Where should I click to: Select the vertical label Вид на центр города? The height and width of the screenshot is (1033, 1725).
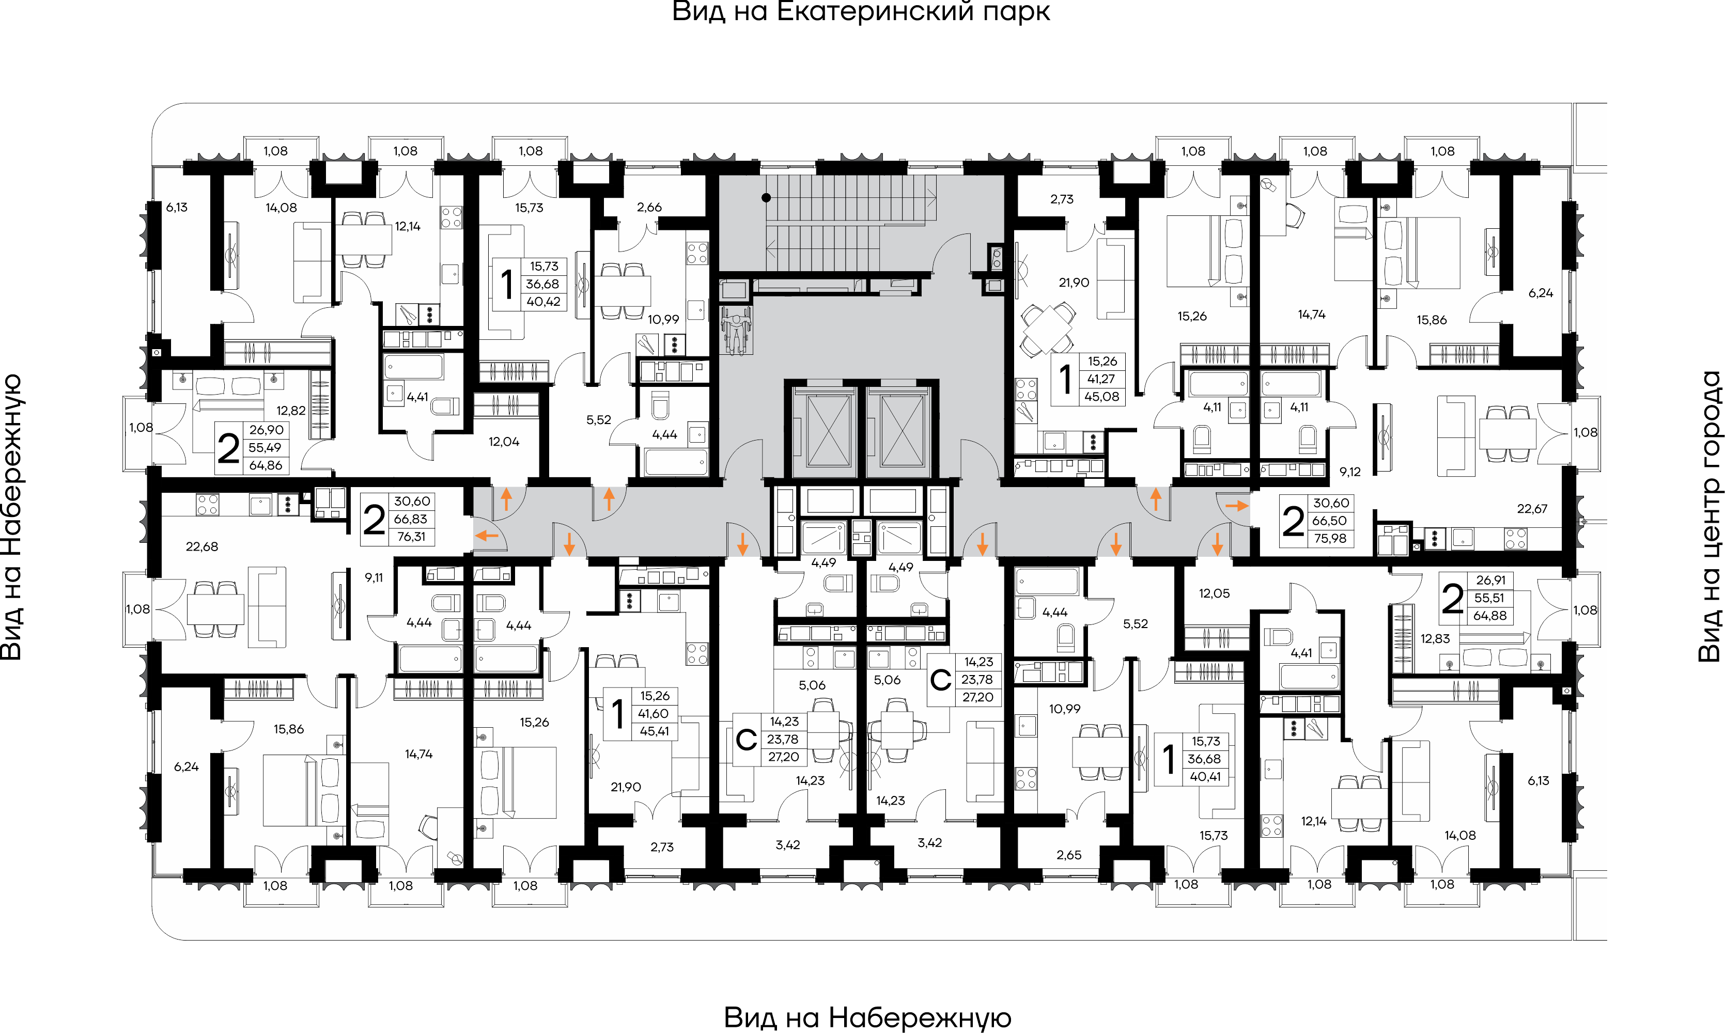(x=1709, y=516)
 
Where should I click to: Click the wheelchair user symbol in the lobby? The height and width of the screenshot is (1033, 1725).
(x=735, y=331)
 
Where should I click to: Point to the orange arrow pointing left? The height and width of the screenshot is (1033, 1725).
(x=487, y=535)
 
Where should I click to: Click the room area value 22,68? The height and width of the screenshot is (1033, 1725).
(x=202, y=546)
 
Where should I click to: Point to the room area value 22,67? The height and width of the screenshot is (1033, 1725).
(x=1532, y=509)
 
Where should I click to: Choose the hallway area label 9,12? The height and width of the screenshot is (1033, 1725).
(x=1350, y=472)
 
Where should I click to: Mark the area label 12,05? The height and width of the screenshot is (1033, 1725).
(x=1214, y=593)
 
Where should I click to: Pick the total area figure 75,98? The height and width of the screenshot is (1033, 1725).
(x=1330, y=538)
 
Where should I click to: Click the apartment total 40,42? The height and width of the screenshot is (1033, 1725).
(x=543, y=302)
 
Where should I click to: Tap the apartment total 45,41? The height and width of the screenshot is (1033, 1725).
(x=655, y=731)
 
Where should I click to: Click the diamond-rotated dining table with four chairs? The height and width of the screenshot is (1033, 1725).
(x=1047, y=328)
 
